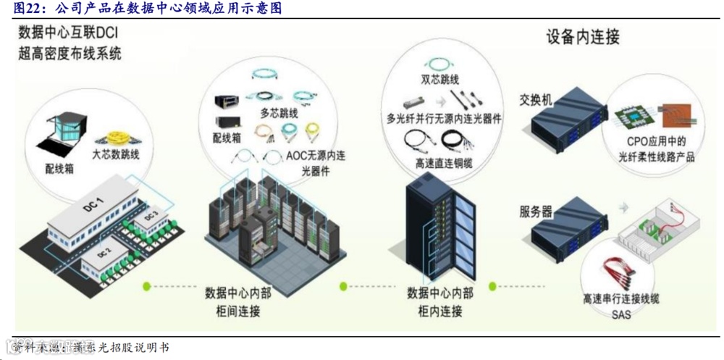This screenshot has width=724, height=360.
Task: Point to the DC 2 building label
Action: [103, 253]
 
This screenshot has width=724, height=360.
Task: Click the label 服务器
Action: [536, 212]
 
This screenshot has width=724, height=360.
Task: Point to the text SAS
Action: [621, 315]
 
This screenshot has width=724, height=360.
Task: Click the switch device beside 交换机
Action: [569, 120]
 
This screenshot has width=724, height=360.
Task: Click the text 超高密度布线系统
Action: [70, 53]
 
